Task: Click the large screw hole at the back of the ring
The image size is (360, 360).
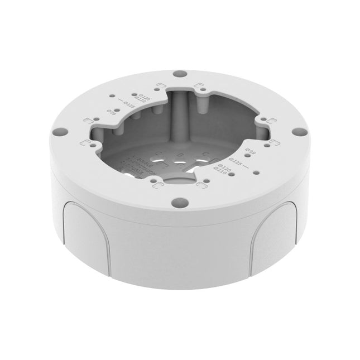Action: click(x=179, y=73)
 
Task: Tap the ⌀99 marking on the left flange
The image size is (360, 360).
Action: click(x=111, y=112)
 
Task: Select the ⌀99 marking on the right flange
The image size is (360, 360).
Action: click(x=251, y=152)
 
